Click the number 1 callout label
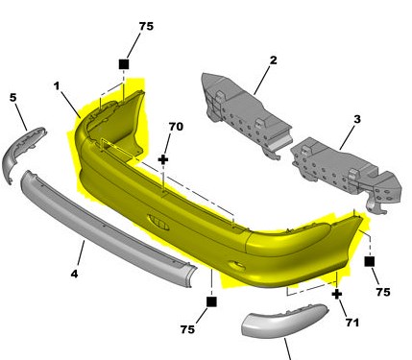pyautogui.click(x=57, y=85)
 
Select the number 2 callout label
pyautogui.click(x=273, y=60)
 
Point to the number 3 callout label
pyautogui.click(x=357, y=119)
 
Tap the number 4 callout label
pyautogui.click(x=74, y=274)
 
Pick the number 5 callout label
pyautogui.click(x=12, y=97)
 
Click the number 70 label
pyautogui.click(x=176, y=127)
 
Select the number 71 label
pyautogui.click(x=352, y=323)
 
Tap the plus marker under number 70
pyautogui.click(x=163, y=159)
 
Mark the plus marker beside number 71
pyautogui.click(x=337, y=294)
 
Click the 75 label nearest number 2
pyautogui.click(x=146, y=26)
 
